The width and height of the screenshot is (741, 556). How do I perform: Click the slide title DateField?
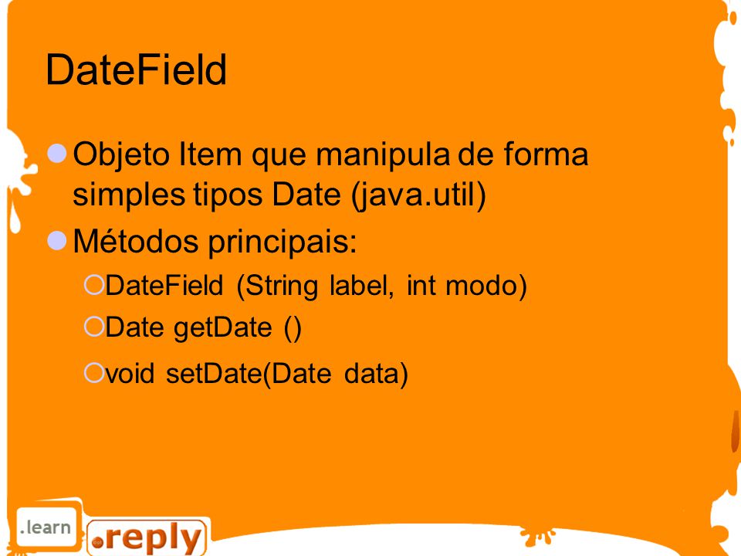[x=136, y=69]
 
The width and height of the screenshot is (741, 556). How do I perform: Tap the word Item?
[x=210, y=154]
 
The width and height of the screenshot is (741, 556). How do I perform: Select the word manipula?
[x=383, y=155]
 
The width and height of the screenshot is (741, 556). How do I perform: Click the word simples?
[x=129, y=195]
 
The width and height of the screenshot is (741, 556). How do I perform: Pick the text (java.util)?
[x=418, y=195]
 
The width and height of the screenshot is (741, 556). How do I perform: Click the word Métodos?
[x=136, y=241]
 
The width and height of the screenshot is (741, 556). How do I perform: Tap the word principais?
[x=283, y=242]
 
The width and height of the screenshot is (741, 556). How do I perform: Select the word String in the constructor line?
[x=282, y=286]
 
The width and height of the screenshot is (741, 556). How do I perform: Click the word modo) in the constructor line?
[x=486, y=286]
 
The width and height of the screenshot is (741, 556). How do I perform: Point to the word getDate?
[x=223, y=328]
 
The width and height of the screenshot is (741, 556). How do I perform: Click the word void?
[x=130, y=374]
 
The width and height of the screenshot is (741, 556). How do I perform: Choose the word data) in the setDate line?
[x=376, y=374]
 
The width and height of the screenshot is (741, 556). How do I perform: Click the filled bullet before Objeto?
[x=57, y=153]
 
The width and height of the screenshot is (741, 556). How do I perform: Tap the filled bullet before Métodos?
[x=57, y=240]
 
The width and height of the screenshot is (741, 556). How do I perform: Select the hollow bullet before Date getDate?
[x=94, y=326]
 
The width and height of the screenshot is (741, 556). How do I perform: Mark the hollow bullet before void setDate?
[x=94, y=372]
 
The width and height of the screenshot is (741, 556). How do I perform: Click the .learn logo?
[x=46, y=527]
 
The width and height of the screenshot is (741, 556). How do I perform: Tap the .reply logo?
[x=147, y=538]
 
